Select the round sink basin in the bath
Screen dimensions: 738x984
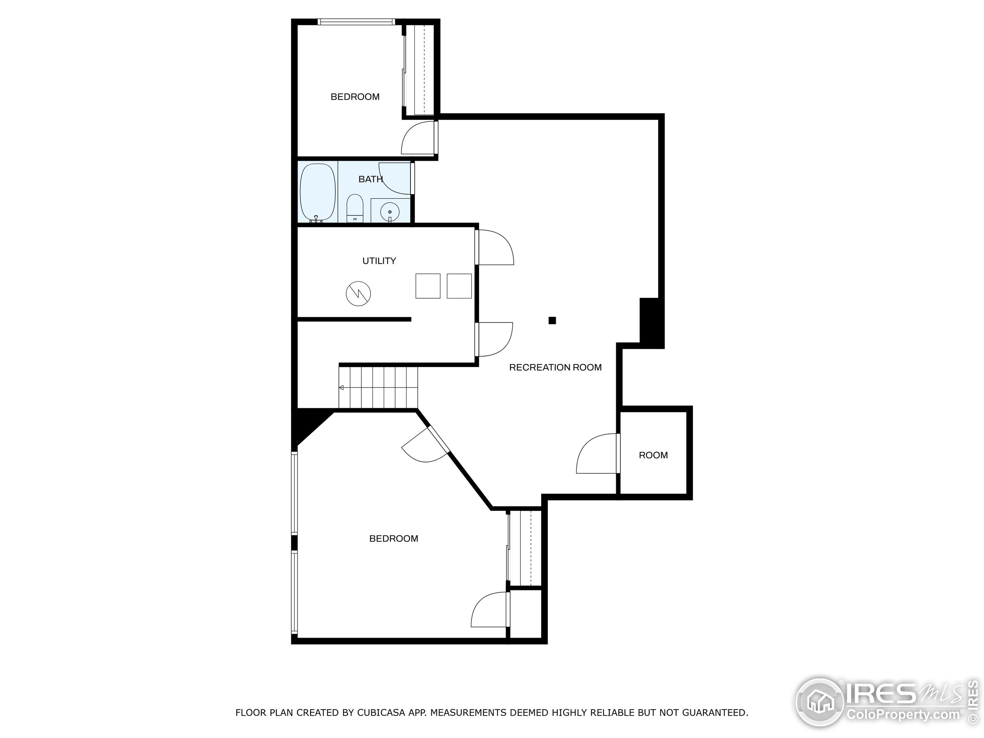pyautogui.click(x=390, y=212)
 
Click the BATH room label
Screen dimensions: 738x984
pyautogui.click(x=370, y=179)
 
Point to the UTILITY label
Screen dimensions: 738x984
pyautogui.click(x=379, y=261)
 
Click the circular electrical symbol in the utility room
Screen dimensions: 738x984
pyautogui.click(x=358, y=293)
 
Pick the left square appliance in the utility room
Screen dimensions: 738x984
pyautogui.click(x=427, y=286)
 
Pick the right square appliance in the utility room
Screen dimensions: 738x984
pyautogui.click(x=459, y=286)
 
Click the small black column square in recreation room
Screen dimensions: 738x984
pyautogui.click(x=552, y=320)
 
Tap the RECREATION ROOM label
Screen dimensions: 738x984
pyautogui.click(x=555, y=367)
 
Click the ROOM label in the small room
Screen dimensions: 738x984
pyautogui.click(x=653, y=455)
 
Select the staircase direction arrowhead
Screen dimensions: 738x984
pyautogui.click(x=341, y=388)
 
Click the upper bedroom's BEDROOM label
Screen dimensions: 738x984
pyautogui.click(x=355, y=97)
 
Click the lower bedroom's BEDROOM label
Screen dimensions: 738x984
pyautogui.click(x=394, y=539)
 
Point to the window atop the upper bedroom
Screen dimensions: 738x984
pyautogui.click(x=356, y=22)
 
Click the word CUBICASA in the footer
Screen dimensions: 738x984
pyautogui.click(x=381, y=713)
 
